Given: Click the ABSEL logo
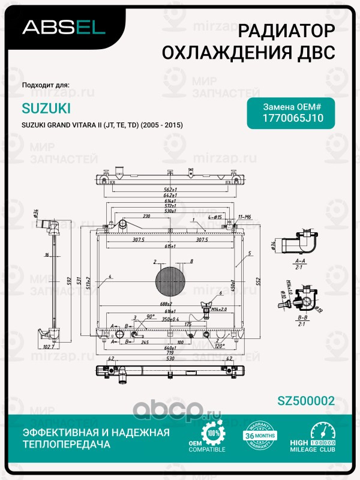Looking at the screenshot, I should click(64, 26).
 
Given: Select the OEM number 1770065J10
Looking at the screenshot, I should click(293, 118).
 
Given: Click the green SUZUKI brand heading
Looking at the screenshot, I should click(46, 108).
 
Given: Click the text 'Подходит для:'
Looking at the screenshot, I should click(45, 85).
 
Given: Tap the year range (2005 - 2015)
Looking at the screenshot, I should click(162, 125).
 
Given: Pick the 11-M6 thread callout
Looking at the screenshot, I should click(245, 216).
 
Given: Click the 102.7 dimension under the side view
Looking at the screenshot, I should click(49, 347).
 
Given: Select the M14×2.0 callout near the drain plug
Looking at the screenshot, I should click(219, 309).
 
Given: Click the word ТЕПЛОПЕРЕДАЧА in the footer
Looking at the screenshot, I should click(67, 445).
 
